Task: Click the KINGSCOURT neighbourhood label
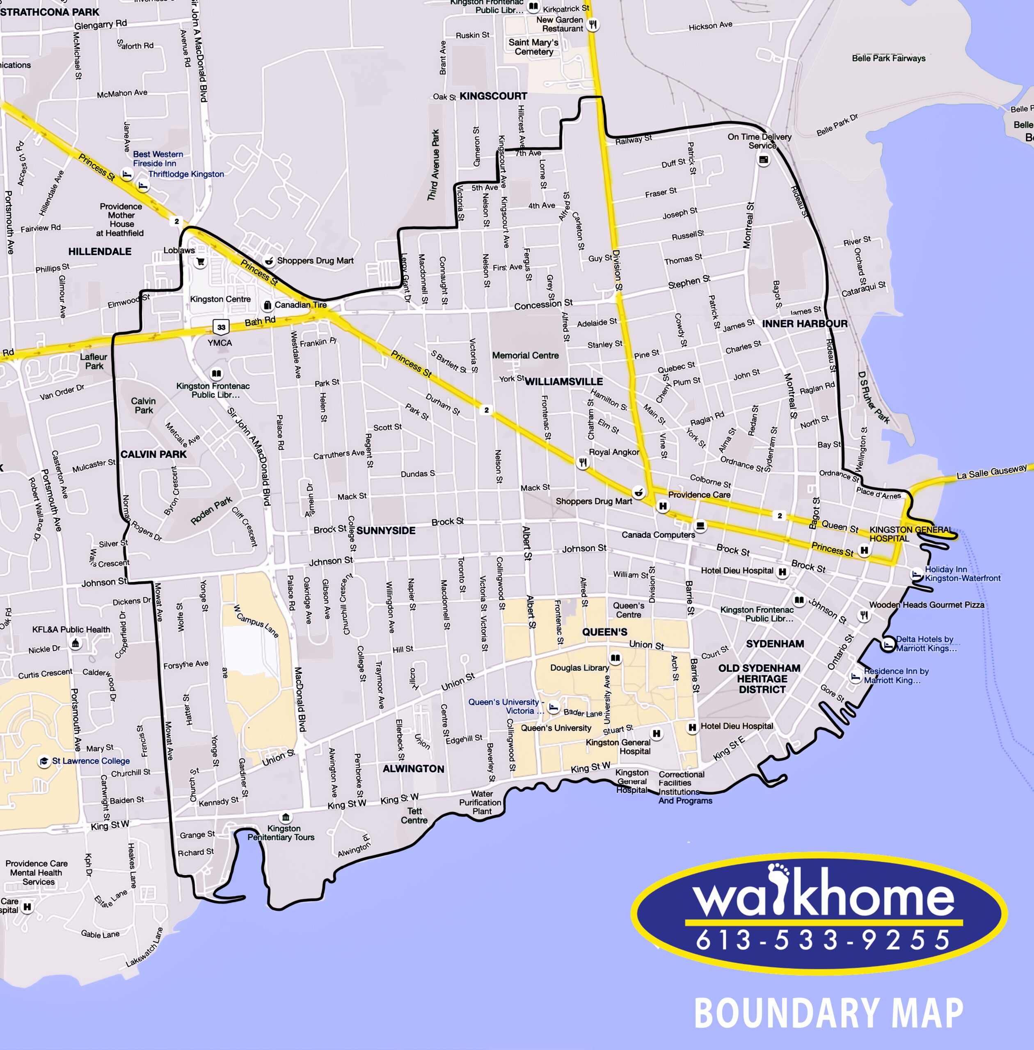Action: point(493,96)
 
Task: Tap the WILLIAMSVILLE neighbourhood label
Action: point(564,382)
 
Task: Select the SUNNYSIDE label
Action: point(386,530)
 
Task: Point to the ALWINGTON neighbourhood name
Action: point(413,769)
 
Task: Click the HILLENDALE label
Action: point(100,251)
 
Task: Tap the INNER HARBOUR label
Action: point(805,324)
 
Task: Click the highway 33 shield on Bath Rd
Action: point(221,327)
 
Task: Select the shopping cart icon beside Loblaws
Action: point(200,262)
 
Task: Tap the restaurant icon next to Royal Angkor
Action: point(583,463)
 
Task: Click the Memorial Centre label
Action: point(525,356)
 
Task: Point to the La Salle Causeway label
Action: point(992,471)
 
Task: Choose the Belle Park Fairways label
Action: point(888,58)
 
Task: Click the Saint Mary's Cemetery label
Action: point(533,47)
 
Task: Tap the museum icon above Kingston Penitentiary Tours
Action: point(285,817)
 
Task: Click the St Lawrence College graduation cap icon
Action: point(44,761)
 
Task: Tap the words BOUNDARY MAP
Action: point(829,1013)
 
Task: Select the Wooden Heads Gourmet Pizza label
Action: point(926,605)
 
